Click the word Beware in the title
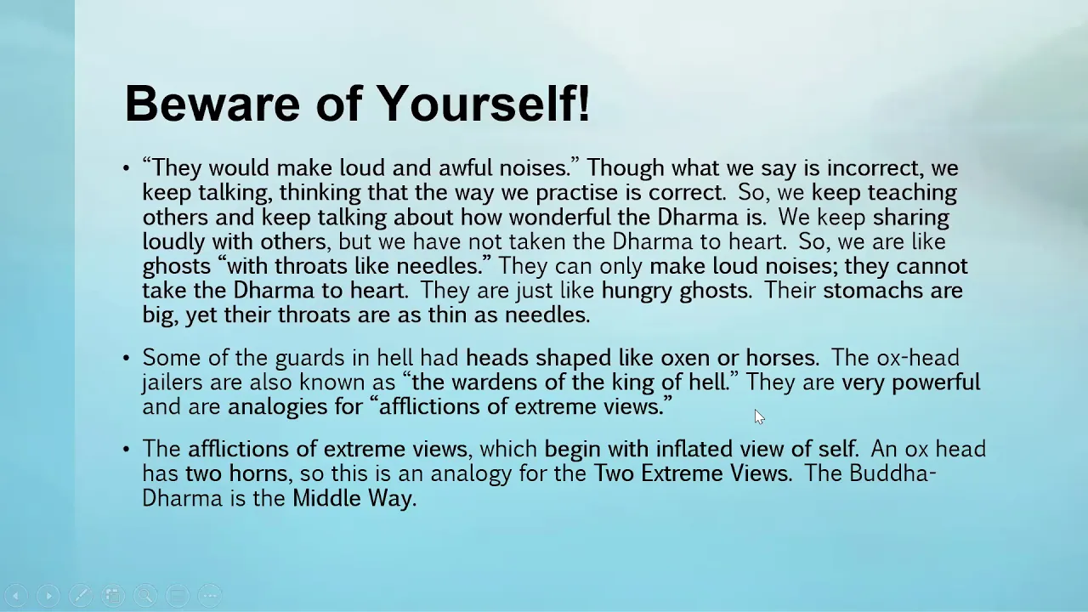click(212, 104)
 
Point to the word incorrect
click(875, 168)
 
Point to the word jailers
click(173, 382)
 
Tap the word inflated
click(694, 449)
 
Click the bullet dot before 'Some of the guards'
click(127, 359)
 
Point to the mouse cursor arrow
click(759, 416)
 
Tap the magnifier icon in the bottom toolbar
click(145, 595)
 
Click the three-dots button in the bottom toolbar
click(210, 595)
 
